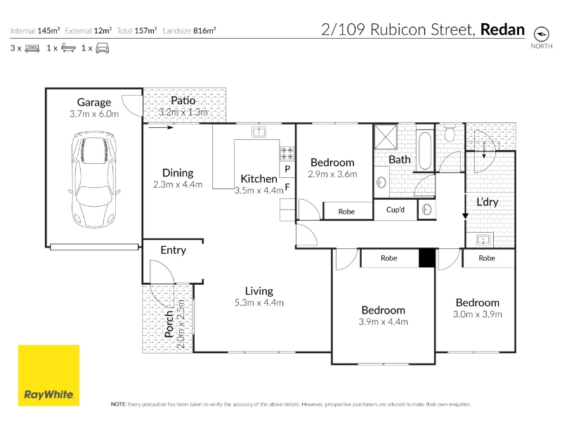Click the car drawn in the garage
94,179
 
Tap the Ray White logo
48,376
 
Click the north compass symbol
541,34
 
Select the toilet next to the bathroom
450,133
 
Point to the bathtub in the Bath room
425,151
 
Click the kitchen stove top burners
287,153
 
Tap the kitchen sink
259,132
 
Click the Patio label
183,101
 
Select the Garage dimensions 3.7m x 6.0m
94,114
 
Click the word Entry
174,250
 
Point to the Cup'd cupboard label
396,210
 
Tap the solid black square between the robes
427,258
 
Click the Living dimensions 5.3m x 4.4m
259,303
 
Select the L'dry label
488,202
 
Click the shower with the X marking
386,136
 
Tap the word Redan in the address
502,30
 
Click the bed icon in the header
32,49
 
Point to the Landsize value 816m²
204,31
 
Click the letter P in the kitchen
287,169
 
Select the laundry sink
483,240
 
